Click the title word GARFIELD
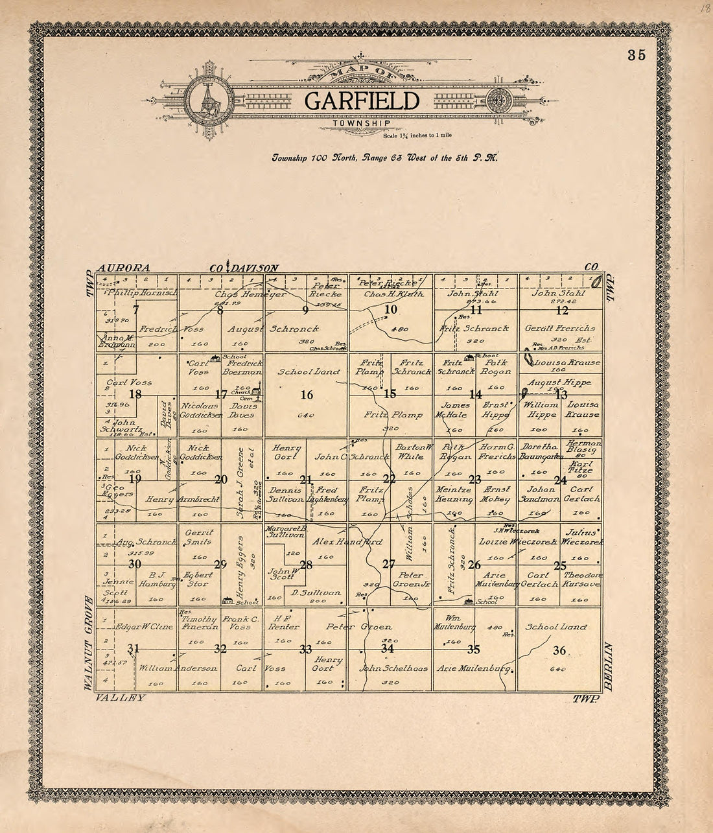[362, 100]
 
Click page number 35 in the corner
[637, 55]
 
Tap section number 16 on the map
[307, 395]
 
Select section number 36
[559, 650]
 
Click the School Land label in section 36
[556, 627]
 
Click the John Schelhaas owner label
[393, 668]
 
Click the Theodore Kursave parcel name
[582, 580]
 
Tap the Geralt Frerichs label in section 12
[559, 328]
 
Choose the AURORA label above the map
[123, 268]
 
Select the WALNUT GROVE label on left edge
[89, 642]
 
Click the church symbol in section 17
[258, 390]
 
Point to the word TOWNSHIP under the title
[361, 123]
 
